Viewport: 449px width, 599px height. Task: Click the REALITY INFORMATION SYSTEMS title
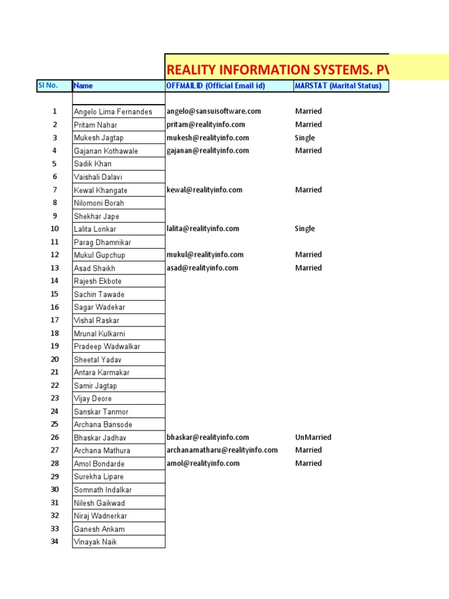[277, 70]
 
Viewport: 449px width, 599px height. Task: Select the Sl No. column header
[47, 85]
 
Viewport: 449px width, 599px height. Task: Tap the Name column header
[84, 86]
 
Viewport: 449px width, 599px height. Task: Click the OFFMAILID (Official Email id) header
[216, 86]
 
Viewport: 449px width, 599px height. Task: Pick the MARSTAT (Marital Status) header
[338, 86]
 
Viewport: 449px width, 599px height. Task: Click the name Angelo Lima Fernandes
[113, 112]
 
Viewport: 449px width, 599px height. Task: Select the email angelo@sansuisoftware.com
[214, 111]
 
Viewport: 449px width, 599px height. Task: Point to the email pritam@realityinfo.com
[206, 125]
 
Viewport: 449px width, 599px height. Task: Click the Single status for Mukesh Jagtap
[305, 138]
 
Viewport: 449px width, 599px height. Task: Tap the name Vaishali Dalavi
[98, 177]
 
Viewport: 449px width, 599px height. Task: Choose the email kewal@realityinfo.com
[205, 190]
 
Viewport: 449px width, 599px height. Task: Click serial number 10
[54, 229]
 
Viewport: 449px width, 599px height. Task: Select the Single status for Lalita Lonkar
[305, 229]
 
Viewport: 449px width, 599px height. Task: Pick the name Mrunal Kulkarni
[99, 333]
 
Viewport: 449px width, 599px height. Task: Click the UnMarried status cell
[313, 437]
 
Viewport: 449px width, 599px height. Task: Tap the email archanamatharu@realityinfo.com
[222, 450]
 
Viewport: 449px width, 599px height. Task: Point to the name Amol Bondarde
[99, 464]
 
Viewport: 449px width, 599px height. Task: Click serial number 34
[54, 542]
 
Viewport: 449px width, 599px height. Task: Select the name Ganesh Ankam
[99, 529]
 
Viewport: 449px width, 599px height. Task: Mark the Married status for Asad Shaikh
[308, 268]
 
